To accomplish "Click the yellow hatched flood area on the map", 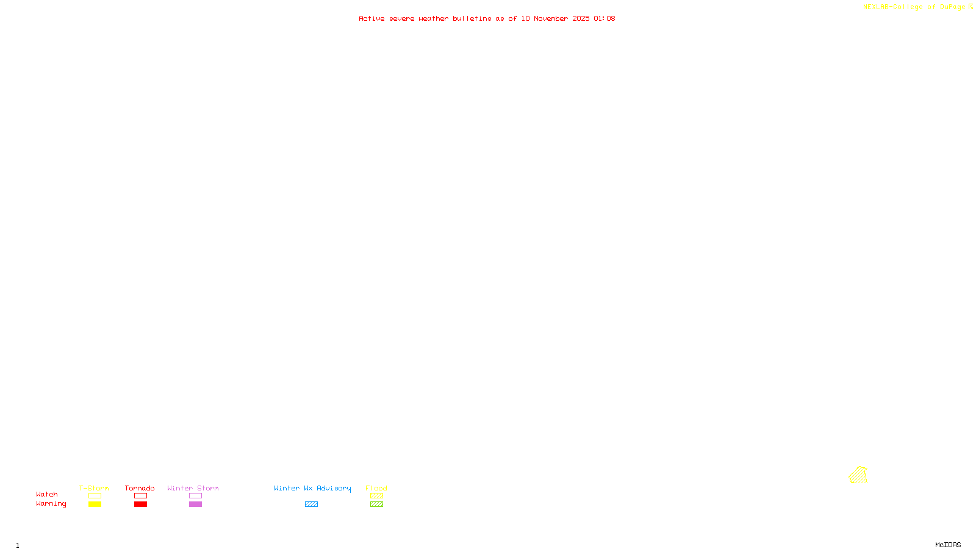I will (x=858, y=475).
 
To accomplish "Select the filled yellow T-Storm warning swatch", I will (x=95, y=504).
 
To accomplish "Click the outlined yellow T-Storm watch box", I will (x=95, y=496).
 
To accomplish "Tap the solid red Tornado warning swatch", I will (x=140, y=504).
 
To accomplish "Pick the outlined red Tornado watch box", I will (x=140, y=496).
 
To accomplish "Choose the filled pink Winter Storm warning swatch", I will (x=195, y=504).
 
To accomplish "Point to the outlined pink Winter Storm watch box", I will (x=195, y=496).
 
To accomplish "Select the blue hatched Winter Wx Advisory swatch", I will (x=311, y=504).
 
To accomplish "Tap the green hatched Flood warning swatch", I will (x=376, y=504).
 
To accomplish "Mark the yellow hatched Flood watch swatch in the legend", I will (x=376, y=496).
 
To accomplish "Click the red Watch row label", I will (x=47, y=495).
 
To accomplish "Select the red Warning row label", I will (x=51, y=504).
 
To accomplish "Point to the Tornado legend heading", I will (x=140, y=488).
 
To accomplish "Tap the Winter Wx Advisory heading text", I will (x=312, y=488).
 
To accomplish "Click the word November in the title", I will (x=551, y=18).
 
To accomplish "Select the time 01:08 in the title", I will (x=605, y=18).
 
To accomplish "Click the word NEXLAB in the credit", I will (x=876, y=7).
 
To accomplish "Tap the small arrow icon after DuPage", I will (x=971, y=7).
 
